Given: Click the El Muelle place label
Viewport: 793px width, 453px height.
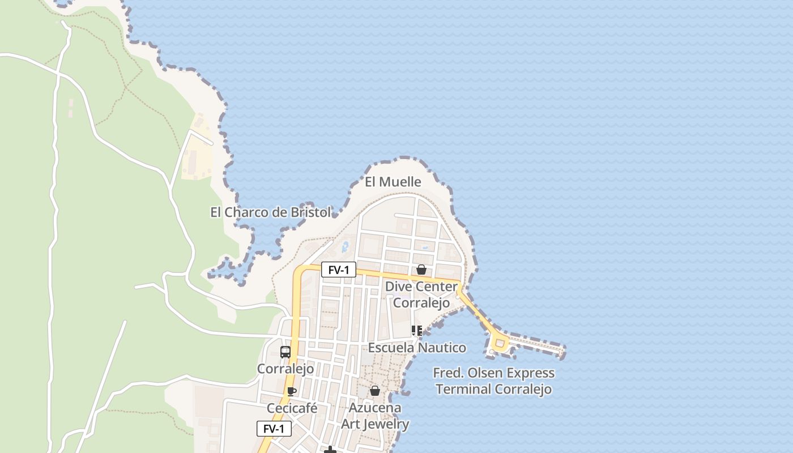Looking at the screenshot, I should pos(393,182).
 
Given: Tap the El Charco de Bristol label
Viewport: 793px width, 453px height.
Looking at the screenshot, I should pos(270,212).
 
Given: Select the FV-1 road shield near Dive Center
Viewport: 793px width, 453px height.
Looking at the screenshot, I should pos(338,270).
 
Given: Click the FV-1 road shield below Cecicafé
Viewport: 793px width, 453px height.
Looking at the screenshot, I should pos(274,429).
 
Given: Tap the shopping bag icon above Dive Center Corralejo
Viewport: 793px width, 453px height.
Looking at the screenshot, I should pos(421,270).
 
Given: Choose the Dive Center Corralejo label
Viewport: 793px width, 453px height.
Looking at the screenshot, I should pos(421,294).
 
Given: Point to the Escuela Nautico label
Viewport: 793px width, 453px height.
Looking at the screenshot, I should pos(417,347).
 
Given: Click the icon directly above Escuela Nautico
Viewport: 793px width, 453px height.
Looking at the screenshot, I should pos(417,330).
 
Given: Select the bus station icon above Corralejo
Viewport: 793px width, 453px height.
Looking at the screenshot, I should pos(285,352).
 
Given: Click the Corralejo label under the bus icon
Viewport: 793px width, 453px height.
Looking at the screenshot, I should pos(285,369).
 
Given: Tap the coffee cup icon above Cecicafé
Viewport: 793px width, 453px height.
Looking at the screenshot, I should pos(292,391).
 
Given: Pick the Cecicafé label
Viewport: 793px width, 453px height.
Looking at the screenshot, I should pos(292,408).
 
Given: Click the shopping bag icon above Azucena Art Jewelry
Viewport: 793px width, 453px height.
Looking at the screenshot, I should pos(375,391).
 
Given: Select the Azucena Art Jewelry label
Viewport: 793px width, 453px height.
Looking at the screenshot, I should pos(375,416).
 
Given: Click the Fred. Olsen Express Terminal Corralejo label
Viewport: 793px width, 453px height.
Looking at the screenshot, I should pos(494,381).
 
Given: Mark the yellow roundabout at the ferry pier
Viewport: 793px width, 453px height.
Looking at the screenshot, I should pos(500,343).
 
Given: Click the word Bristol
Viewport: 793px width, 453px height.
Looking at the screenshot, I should pos(310,212).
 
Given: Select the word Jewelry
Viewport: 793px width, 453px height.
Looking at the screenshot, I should pos(386,424).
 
